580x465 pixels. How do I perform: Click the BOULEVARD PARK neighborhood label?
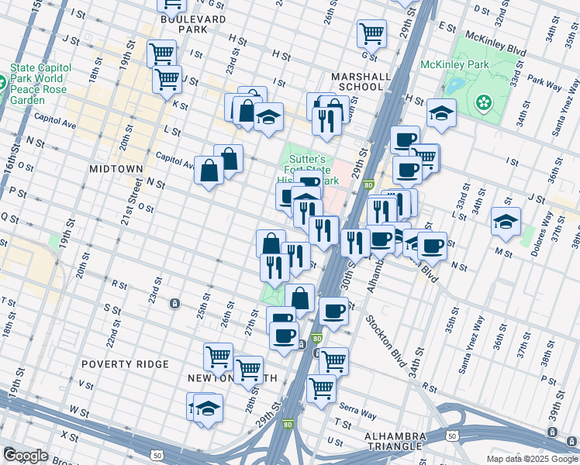(180, 24)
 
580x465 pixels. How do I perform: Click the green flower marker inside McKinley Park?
(485, 102)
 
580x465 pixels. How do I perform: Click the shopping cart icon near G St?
(371, 33)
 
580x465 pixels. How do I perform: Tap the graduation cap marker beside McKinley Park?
(441, 113)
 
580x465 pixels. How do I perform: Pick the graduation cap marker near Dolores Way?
(506, 221)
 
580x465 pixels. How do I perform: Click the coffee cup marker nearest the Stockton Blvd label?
(333, 311)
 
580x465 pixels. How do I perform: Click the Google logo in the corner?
(25, 455)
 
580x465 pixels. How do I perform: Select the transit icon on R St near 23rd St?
(175, 302)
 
